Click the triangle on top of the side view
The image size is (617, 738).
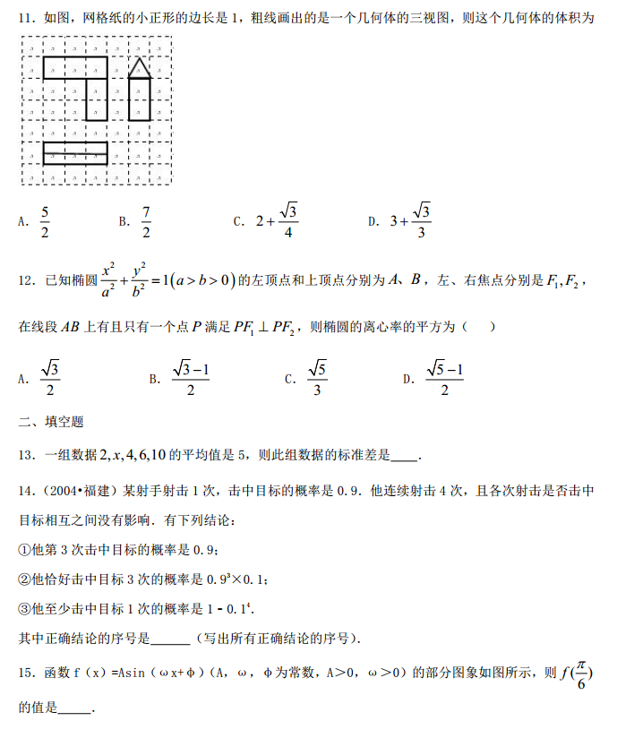point(139,67)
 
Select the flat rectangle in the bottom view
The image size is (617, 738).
point(75,153)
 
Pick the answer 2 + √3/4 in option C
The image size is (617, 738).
point(277,220)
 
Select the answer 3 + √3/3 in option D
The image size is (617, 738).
point(412,220)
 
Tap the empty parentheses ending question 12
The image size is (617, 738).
point(480,328)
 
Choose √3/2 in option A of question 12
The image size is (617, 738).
point(50,378)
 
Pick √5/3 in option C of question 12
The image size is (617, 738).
point(317,378)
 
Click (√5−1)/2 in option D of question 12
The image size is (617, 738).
point(444,378)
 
